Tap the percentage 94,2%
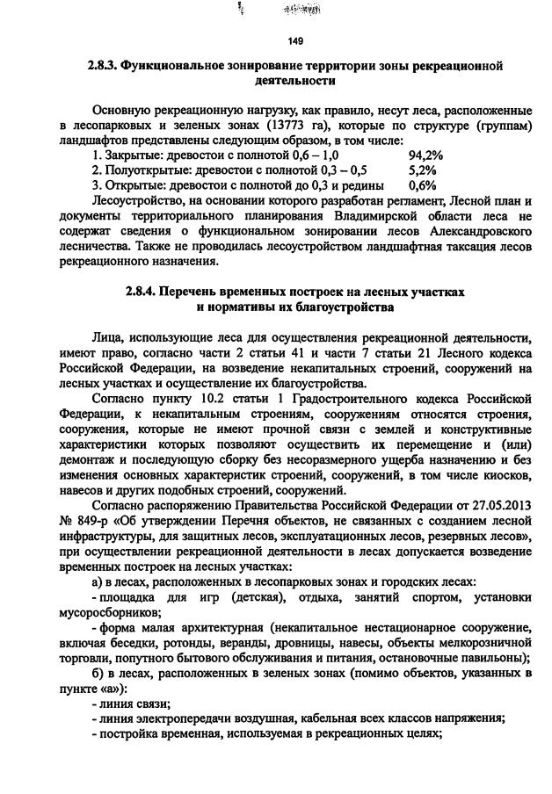point(426,155)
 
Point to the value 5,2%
point(423,170)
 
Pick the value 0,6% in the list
point(423,185)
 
